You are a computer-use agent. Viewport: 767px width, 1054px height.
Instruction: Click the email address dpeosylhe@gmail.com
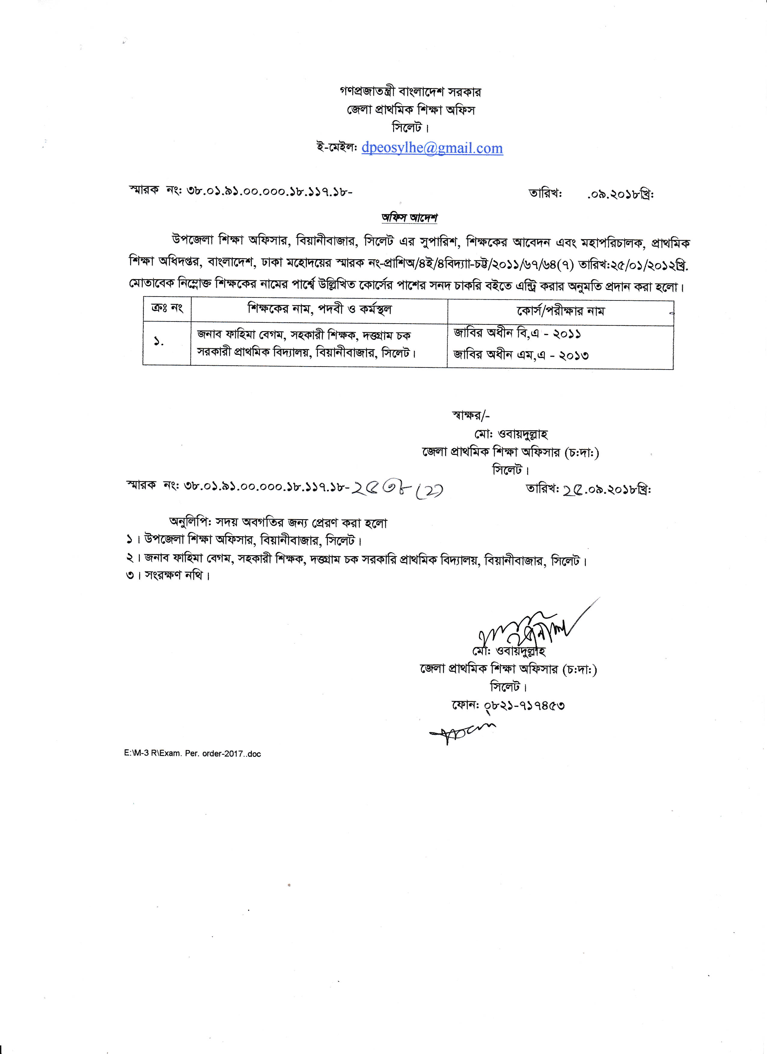(432, 148)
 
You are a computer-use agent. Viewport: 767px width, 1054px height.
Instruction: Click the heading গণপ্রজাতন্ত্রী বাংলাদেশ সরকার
(410, 92)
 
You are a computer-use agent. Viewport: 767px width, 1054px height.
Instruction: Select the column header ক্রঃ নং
(167, 308)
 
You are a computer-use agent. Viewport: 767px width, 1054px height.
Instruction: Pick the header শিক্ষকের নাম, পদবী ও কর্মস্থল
(319, 309)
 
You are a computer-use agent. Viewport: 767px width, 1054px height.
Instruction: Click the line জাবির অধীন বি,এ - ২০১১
(517, 334)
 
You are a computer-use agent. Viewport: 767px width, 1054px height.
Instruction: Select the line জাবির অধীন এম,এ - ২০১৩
(521, 355)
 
